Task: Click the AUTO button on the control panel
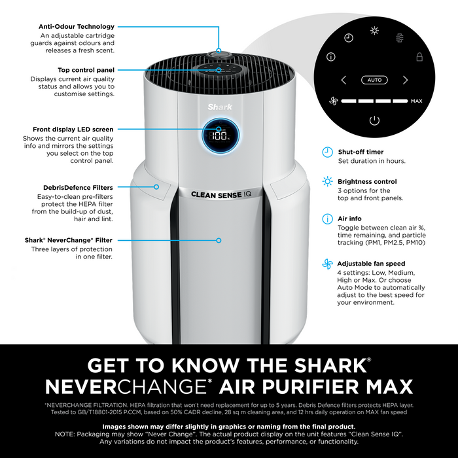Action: [x=374, y=80]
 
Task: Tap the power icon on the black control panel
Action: [x=374, y=120]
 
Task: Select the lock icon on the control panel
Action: [x=419, y=57]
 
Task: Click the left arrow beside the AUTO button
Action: [x=343, y=80]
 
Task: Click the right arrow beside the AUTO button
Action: [x=405, y=80]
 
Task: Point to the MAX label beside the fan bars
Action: [x=417, y=101]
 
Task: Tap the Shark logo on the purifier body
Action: [x=220, y=107]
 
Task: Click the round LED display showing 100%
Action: [x=220, y=135]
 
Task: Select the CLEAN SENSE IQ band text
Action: [x=221, y=194]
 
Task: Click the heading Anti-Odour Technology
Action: [x=77, y=27]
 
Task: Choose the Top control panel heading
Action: [x=86, y=70]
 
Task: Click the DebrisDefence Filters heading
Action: [x=78, y=188]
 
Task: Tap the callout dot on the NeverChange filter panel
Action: [x=219, y=240]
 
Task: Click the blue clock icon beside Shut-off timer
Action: [x=327, y=152]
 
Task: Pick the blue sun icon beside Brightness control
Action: [x=327, y=181]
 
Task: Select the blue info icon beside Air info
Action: [x=327, y=219]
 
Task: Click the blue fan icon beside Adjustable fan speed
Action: [x=327, y=264]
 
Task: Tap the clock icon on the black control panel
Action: [x=349, y=38]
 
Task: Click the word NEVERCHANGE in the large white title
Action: [x=126, y=387]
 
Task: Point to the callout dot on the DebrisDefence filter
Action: [x=156, y=187]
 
